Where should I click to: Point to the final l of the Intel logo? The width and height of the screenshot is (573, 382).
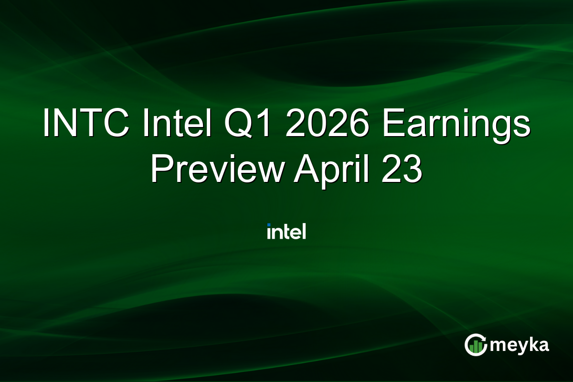pyautogui.click(x=303, y=231)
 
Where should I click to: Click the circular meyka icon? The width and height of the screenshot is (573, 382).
pyautogui.click(x=475, y=345)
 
